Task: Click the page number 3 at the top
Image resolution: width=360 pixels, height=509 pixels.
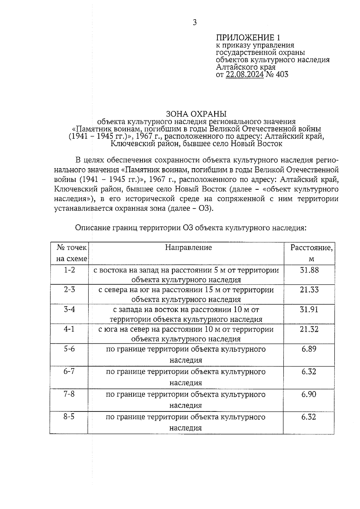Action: (x=195, y=22)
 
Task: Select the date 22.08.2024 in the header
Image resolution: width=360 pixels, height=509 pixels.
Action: (x=244, y=74)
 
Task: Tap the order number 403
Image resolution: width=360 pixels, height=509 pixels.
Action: (x=282, y=74)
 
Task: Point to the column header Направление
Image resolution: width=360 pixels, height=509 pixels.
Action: (x=188, y=247)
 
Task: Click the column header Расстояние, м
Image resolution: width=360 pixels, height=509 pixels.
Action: (x=311, y=253)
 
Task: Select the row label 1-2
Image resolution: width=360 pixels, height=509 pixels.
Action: (x=69, y=270)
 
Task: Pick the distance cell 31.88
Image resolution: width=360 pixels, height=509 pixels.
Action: (x=309, y=270)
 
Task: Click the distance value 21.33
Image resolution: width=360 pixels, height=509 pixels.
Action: (x=309, y=290)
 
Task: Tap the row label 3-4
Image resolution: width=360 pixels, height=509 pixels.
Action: (x=69, y=309)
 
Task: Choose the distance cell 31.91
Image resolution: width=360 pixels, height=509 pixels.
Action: (x=309, y=309)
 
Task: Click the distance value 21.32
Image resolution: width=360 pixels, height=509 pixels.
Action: (x=309, y=329)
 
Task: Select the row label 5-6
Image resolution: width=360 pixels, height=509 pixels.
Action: (x=69, y=349)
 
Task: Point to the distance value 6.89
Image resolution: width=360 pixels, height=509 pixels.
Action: (x=309, y=349)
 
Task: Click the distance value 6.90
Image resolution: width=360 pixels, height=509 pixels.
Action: (x=309, y=394)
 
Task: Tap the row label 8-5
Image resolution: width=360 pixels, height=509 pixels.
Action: (x=69, y=417)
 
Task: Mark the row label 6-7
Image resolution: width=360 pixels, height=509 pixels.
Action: (x=69, y=372)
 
